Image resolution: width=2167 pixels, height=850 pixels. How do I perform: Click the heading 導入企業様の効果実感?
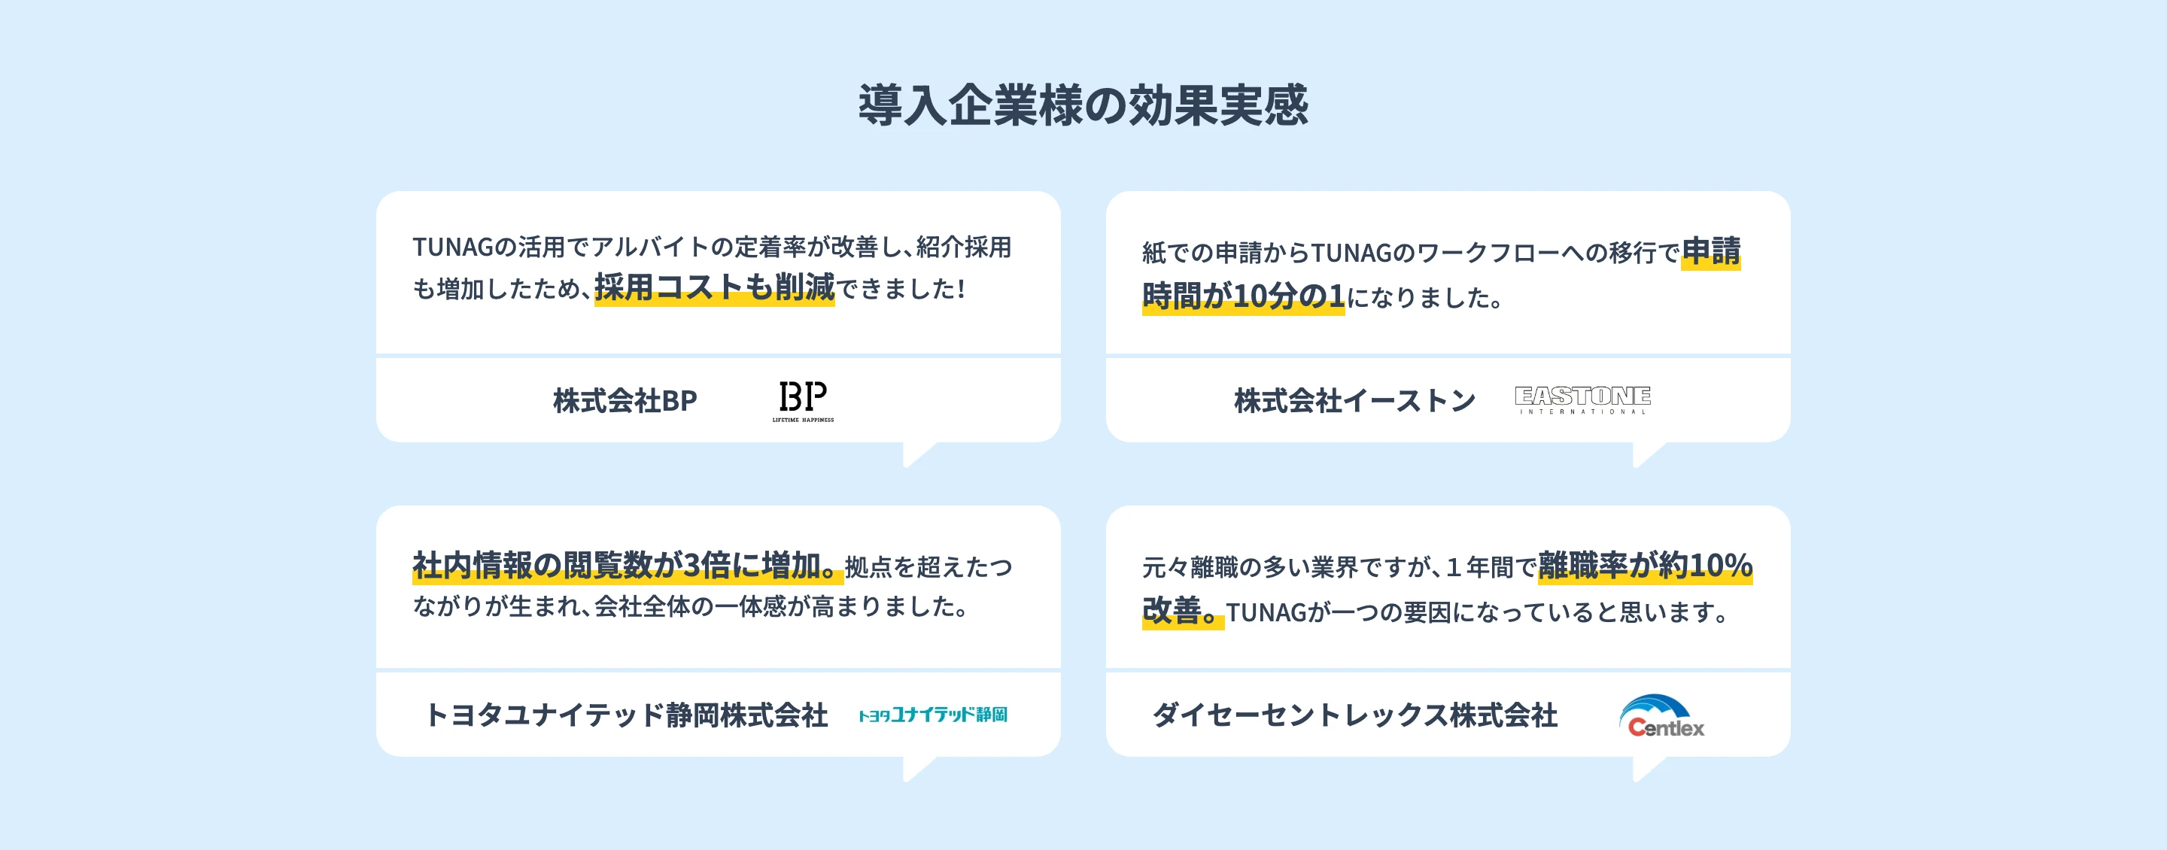pyautogui.click(x=1083, y=105)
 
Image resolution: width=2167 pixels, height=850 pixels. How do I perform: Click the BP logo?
pyautogui.click(x=804, y=400)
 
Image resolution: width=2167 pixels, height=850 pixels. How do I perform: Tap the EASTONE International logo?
pyautogui.click(x=1582, y=399)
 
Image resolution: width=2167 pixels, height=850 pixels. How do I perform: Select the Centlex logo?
pyautogui.click(x=1661, y=716)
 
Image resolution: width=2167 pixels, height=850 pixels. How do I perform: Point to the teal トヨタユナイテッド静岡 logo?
pyautogui.click(x=933, y=715)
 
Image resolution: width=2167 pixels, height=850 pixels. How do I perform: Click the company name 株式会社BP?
pyautogui.click(x=625, y=401)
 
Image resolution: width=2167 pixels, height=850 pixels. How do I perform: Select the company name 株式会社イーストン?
pyautogui.click(x=1354, y=401)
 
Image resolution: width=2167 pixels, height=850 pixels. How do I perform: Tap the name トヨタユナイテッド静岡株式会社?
pyautogui.click(x=627, y=715)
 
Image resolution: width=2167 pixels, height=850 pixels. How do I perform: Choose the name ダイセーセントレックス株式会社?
pyautogui.click(x=1354, y=715)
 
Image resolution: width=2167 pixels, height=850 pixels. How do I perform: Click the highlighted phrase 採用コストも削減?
pyautogui.click(x=714, y=287)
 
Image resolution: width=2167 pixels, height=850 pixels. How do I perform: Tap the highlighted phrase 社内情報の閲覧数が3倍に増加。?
pyautogui.click(x=628, y=565)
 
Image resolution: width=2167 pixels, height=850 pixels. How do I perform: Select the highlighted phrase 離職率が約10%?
pyautogui.click(x=1646, y=565)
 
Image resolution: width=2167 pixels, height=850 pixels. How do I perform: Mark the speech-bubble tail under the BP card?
pyautogui.click(x=919, y=454)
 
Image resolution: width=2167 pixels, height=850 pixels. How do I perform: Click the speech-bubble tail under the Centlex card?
pyautogui.click(x=1649, y=769)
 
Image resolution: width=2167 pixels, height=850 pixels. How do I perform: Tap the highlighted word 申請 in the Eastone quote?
pyautogui.click(x=1711, y=251)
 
